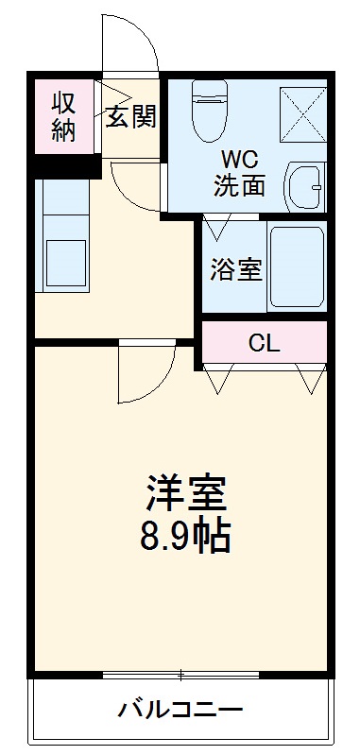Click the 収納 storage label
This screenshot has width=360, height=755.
(x=64, y=116)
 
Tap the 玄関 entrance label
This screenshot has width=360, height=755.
(x=130, y=118)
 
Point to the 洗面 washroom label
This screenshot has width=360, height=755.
(x=238, y=185)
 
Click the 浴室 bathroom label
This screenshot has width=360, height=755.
(x=235, y=267)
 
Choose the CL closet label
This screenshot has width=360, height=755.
(x=264, y=343)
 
